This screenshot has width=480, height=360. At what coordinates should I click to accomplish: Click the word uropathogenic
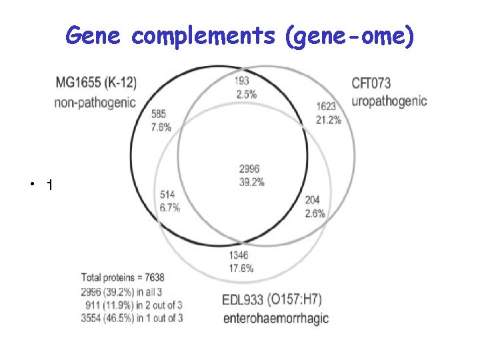(x=389, y=101)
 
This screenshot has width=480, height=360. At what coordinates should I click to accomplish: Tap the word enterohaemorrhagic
(x=275, y=317)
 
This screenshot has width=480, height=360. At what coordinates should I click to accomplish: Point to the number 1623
(x=326, y=106)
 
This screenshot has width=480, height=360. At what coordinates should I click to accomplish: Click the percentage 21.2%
(x=328, y=120)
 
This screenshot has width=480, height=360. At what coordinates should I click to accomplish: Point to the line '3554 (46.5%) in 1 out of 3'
(x=132, y=318)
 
